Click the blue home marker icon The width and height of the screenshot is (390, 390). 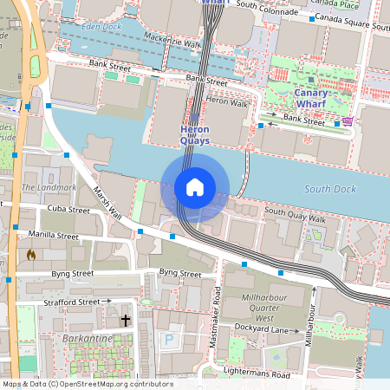pos(195,187)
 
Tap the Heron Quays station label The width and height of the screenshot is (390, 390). pos(194,135)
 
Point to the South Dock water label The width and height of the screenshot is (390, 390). pos(332,189)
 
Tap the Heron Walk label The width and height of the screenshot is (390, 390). pos(227,103)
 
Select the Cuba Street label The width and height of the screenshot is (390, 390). pos(68,210)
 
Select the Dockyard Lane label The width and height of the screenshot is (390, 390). pos(261,328)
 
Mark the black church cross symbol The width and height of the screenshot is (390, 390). pos(125,321)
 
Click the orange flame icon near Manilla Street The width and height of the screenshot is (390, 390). pos(32,256)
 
